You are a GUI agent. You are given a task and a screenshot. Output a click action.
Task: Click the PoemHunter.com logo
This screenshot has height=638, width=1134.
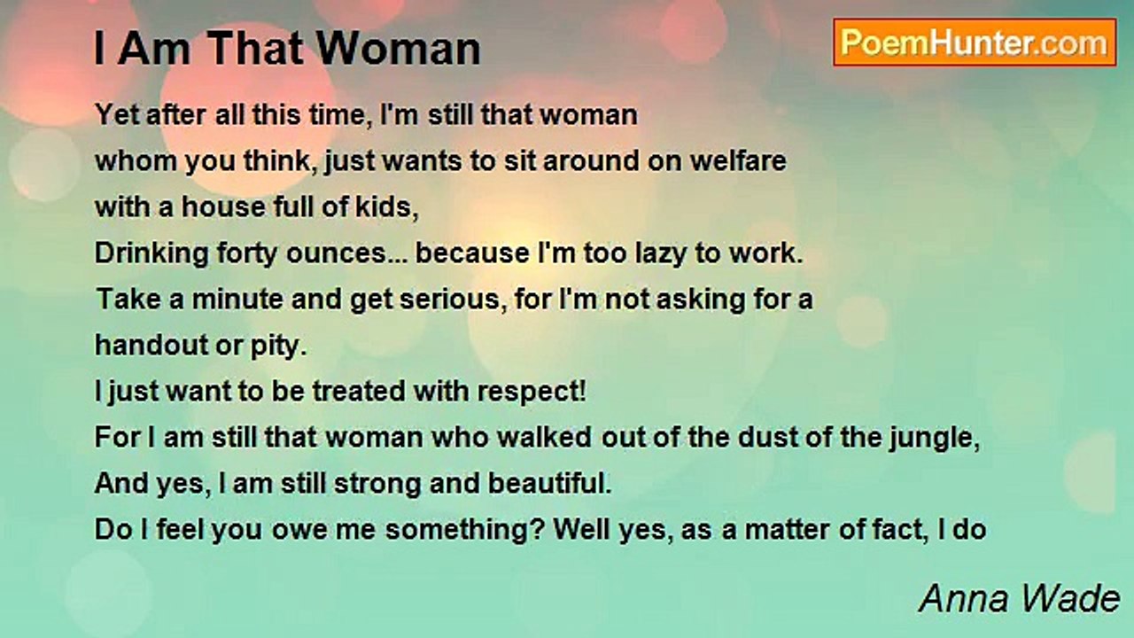[975, 43]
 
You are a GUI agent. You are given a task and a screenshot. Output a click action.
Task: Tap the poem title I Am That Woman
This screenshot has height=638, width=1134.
[287, 49]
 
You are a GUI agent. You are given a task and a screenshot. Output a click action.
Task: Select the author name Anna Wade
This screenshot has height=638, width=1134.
[1019, 599]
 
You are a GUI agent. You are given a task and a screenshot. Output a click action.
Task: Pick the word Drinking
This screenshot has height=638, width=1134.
[151, 253]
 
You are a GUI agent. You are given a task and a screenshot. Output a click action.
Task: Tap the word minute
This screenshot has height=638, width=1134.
[237, 300]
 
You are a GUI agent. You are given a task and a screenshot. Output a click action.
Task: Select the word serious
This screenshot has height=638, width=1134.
[453, 300]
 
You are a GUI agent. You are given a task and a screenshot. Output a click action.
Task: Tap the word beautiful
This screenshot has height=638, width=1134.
[550, 484]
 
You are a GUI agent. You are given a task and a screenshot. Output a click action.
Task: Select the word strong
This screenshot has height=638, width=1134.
[377, 485]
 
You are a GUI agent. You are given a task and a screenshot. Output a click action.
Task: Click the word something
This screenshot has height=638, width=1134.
[456, 531]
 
